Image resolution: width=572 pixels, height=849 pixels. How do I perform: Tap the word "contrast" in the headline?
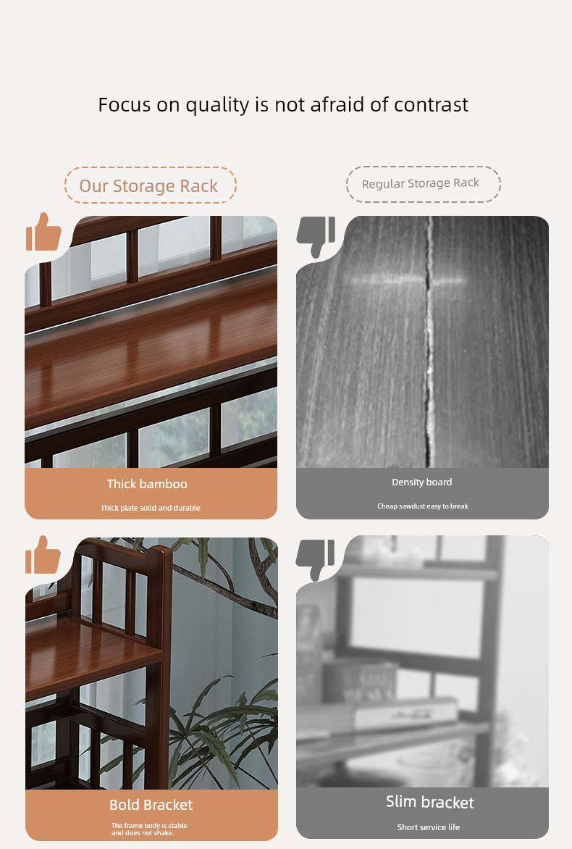pyautogui.click(x=431, y=104)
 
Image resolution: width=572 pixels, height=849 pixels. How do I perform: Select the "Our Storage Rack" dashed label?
pyautogui.click(x=151, y=185)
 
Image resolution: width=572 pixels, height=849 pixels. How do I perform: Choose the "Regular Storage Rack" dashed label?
pyautogui.click(x=423, y=184)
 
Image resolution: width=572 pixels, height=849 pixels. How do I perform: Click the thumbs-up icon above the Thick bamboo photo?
pyautogui.click(x=43, y=232)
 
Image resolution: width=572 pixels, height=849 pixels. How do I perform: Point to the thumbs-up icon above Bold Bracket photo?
pyautogui.click(x=43, y=555)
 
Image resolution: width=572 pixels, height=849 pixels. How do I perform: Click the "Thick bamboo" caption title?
pyautogui.click(x=147, y=484)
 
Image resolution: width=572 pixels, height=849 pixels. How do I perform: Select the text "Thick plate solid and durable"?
pyautogui.click(x=151, y=508)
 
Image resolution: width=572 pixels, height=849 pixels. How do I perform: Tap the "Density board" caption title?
pyautogui.click(x=421, y=482)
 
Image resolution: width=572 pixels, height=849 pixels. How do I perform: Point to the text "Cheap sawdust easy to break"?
pyautogui.click(x=423, y=506)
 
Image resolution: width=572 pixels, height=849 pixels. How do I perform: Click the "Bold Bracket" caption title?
pyautogui.click(x=151, y=805)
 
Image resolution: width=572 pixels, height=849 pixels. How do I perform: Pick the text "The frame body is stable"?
pyautogui.click(x=149, y=826)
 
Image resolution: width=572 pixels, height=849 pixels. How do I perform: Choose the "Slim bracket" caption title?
pyautogui.click(x=429, y=803)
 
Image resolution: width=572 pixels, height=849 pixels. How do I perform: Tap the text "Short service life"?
pyautogui.click(x=429, y=827)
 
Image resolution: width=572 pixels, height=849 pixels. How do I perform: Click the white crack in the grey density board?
pyautogui.click(x=429, y=342)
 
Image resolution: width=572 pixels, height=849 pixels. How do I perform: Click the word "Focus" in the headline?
pyautogui.click(x=124, y=104)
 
